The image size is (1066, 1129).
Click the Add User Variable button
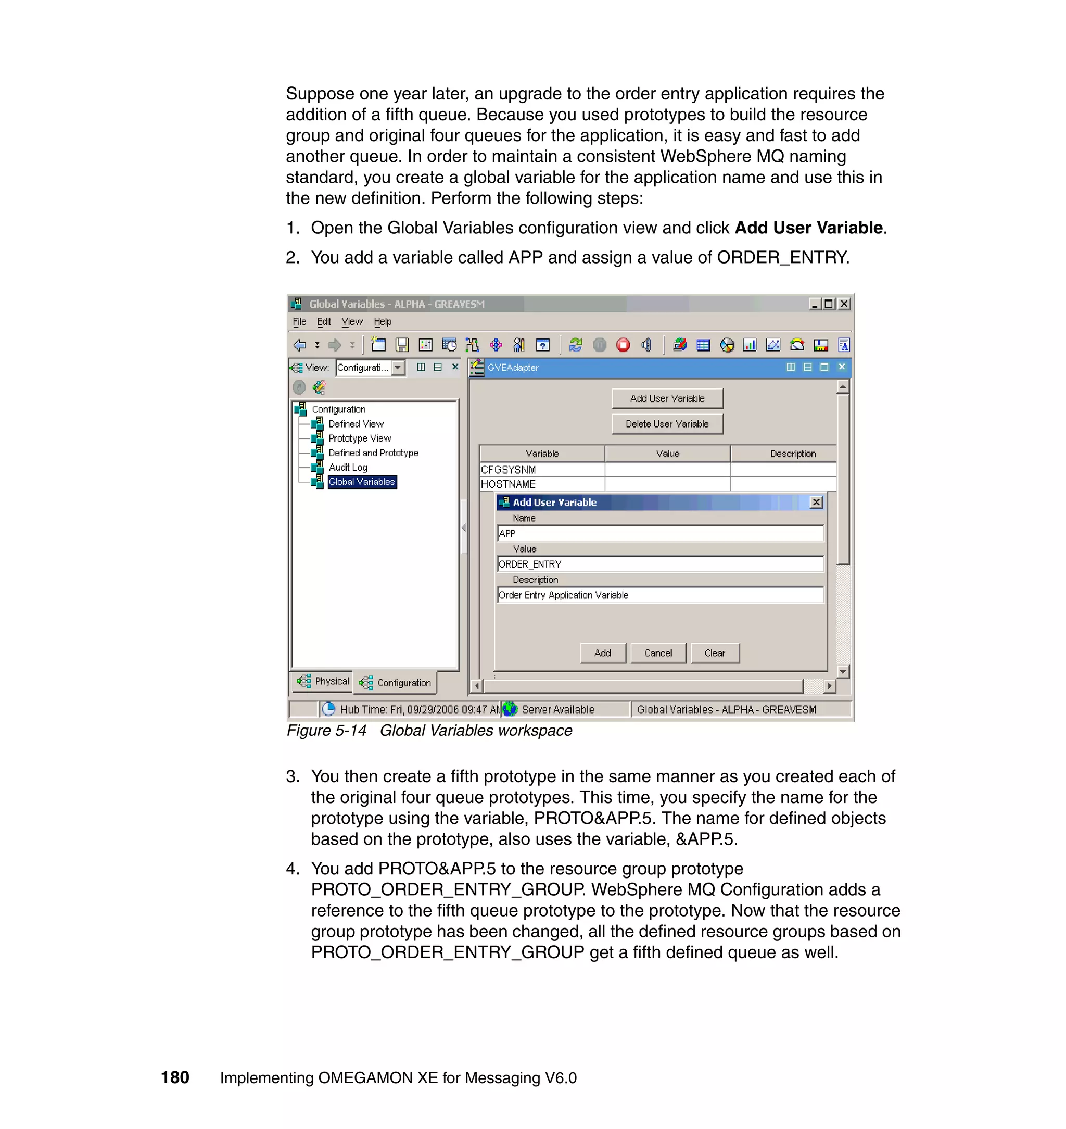(x=667, y=398)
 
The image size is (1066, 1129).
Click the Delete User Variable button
(x=667, y=424)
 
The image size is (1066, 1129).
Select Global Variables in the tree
(x=361, y=482)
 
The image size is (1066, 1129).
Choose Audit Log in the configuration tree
(x=348, y=467)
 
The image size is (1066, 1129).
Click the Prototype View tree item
(x=360, y=438)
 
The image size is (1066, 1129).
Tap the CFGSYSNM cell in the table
(x=541, y=470)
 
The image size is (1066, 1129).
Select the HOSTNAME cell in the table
(x=541, y=484)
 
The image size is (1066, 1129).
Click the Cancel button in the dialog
(x=658, y=653)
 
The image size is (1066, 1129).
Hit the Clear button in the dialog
(x=715, y=653)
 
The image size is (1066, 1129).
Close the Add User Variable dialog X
(x=817, y=502)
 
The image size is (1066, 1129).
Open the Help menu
(x=383, y=322)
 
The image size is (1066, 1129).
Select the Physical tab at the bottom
(x=323, y=681)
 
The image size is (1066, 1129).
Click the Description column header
(x=792, y=454)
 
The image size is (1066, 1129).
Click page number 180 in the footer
(x=175, y=1077)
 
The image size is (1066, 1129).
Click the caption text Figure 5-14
(x=326, y=731)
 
